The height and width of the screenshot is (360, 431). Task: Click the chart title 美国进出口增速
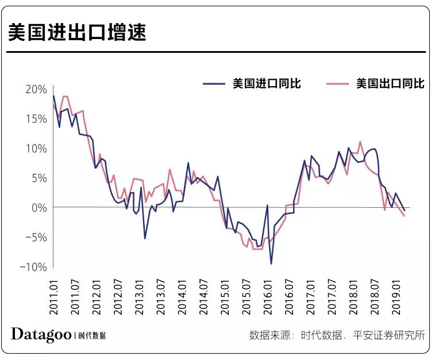pos(78,33)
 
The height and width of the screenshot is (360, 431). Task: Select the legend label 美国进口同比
pos(267,84)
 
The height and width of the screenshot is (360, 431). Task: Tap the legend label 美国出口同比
pos(390,84)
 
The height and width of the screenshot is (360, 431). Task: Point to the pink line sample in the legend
pos(338,84)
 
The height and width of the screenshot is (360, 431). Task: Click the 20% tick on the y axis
pos(36,90)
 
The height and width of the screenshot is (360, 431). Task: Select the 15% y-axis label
pos(36,119)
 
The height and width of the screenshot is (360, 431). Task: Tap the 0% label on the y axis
pos(38,207)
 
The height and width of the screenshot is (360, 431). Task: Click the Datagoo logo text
pos(41,335)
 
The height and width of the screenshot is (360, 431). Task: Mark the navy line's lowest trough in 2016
pos(271,264)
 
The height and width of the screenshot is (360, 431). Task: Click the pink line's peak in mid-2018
pos(360,141)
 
